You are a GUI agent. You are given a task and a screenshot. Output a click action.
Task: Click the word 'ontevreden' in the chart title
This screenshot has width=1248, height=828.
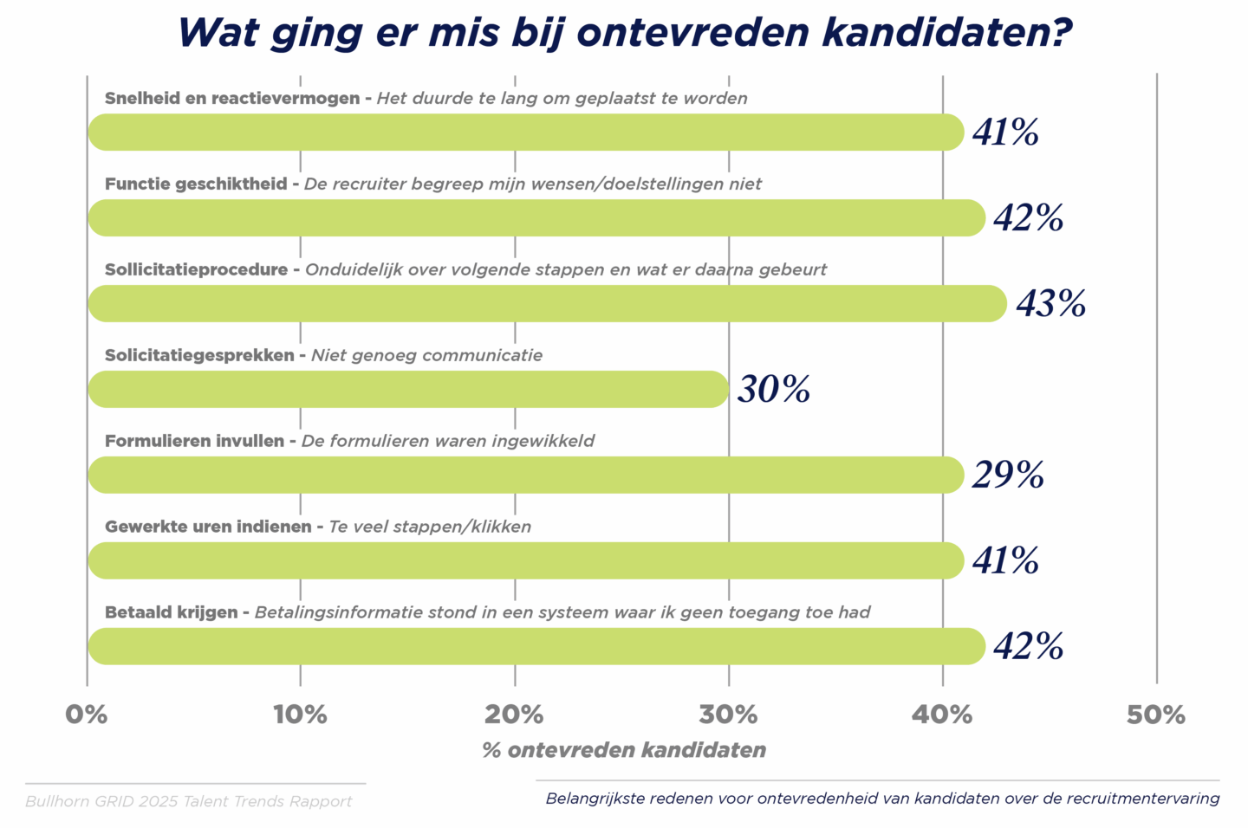tap(693, 33)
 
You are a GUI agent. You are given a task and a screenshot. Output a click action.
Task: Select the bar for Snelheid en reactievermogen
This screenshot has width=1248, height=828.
tap(525, 133)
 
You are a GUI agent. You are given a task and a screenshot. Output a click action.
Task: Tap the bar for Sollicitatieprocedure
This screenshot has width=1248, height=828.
tap(547, 304)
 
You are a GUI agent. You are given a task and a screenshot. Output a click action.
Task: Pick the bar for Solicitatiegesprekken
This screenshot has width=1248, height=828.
tap(408, 390)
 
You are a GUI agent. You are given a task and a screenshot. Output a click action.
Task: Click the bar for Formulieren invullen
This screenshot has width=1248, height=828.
tap(525, 475)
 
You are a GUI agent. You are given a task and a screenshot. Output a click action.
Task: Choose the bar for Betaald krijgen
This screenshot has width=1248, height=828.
tap(536, 647)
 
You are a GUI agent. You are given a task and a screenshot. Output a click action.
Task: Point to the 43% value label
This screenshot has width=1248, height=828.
tap(1050, 304)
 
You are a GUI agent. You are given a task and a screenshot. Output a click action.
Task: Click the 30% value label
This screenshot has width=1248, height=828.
tap(773, 390)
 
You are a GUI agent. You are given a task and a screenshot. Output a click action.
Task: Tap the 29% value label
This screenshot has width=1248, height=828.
tap(1007, 475)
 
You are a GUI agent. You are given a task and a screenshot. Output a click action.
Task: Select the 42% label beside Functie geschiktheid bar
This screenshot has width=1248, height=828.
tap(1028, 218)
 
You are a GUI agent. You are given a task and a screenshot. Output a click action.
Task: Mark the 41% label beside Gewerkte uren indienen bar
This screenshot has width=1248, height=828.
tap(1005, 561)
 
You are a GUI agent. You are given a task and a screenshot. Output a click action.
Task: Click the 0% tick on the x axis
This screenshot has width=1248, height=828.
tap(87, 715)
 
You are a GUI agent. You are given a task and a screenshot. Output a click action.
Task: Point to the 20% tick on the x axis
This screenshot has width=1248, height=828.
tap(514, 715)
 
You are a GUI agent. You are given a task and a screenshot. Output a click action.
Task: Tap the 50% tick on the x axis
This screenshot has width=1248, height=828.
tap(1155, 715)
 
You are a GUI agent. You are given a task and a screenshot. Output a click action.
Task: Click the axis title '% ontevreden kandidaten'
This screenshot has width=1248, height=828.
tap(624, 750)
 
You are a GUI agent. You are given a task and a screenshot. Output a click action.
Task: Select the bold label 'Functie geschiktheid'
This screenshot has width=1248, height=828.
tap(196, 184)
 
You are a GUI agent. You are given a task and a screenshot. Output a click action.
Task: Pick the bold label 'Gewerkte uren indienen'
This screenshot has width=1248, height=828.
tap(208, 527)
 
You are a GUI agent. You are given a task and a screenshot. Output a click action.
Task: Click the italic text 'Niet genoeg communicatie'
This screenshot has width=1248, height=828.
tap(426, 355)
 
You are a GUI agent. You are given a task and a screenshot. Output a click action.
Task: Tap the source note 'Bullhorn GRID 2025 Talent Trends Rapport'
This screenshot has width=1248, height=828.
tap(189, 801)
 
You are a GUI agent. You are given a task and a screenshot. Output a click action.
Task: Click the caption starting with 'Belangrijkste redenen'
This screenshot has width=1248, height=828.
tap(882, 799)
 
